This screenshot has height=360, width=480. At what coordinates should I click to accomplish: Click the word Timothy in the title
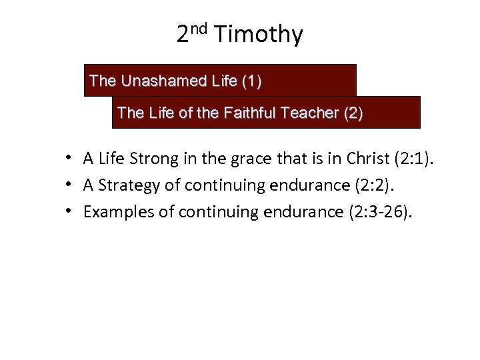point(259,34)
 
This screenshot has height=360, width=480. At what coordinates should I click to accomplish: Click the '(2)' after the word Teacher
point(353,113)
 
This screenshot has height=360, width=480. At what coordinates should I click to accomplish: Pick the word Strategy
point(124,185)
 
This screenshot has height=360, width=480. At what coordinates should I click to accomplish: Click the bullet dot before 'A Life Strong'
point(69,159)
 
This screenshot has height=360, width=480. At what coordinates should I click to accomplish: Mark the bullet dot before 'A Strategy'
point(69,185)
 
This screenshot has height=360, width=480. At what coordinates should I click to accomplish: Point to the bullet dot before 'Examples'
point(69,212)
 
